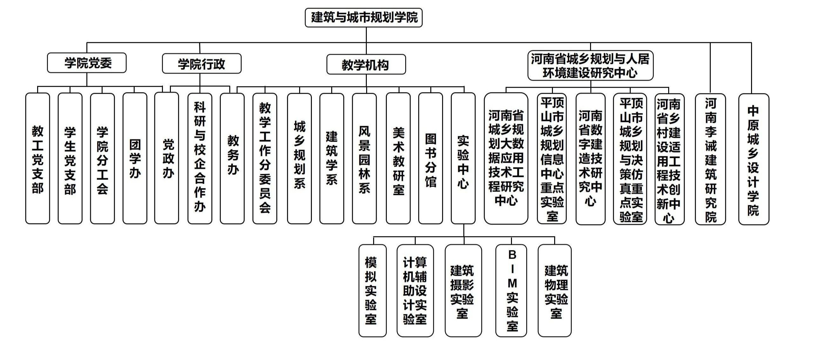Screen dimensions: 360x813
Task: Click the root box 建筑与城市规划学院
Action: point(364,17)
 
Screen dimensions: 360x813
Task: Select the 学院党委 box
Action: point(87,63)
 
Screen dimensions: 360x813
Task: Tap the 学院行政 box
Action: point(202,64)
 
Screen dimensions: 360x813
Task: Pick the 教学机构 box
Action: point(366,65)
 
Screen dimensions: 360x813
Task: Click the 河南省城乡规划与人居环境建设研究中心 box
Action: point(590,65)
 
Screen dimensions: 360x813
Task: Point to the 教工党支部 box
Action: point(37,158)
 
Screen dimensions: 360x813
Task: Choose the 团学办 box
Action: point(135,158)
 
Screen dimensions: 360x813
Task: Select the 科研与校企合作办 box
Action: point(200,158)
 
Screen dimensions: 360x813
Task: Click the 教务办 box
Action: point(232,158)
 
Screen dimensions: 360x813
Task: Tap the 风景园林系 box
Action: point(364,158)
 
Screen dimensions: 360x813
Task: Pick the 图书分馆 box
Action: point(431,158)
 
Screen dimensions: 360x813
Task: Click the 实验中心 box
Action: point(463,158)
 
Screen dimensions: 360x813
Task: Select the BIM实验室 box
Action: point(511,290)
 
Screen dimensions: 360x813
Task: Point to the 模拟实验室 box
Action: point(373,290)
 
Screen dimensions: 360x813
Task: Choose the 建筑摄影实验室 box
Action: point(463,290)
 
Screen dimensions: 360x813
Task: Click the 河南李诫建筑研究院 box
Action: point(710,159)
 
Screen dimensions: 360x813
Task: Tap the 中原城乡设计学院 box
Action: point(754,159)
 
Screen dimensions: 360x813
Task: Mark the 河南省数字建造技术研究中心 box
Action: point(590,159)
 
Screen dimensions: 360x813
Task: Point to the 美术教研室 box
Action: point(398,158)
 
